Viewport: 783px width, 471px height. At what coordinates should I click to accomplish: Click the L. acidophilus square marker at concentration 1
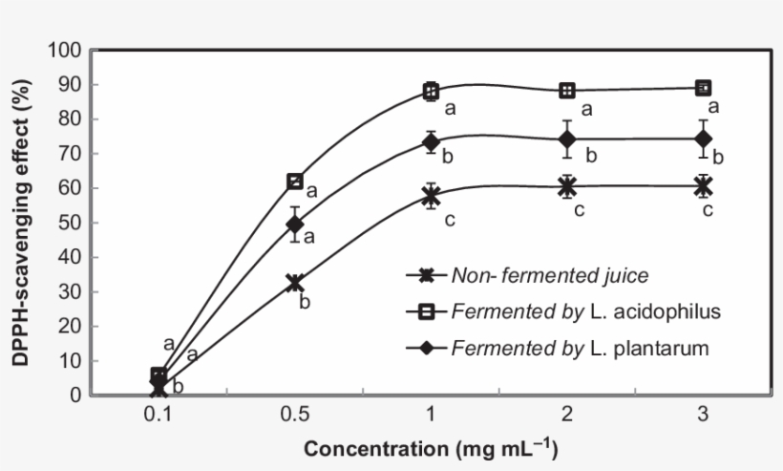coord(431,92)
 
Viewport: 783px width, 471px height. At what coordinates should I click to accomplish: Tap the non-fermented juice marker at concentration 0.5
coord(295,283)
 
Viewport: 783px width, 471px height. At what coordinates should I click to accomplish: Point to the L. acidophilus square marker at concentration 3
coord(704,88)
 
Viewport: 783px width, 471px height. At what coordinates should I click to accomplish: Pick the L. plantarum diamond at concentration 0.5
coord(295,225)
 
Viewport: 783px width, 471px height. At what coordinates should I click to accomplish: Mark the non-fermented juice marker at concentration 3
coord(704,185)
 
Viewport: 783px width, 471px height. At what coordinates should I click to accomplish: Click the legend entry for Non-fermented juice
coord(550,276)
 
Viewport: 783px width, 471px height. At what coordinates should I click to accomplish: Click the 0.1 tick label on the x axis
coord(159,417)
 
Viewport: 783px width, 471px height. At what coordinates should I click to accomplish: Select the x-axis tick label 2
coord(567,417)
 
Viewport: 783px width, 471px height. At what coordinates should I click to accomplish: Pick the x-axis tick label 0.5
coord(295,417)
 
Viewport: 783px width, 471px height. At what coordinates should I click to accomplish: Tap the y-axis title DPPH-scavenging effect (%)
coord(21,223)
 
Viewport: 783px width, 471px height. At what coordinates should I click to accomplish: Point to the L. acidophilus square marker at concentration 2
coord(567,91)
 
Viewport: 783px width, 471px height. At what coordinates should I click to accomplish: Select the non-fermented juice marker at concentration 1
coord(431,196)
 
